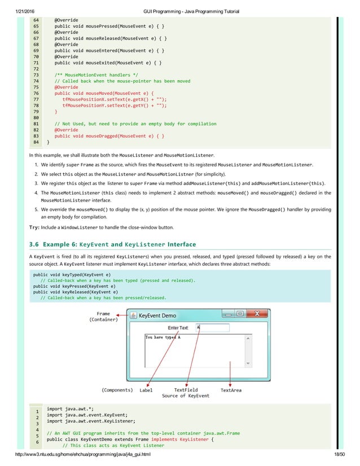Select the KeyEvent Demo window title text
pyautogui.click(x=157, y=315)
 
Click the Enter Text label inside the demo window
pyautogui.click(x=179, y=328)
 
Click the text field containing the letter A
pyautogui.click(x=212, y=328)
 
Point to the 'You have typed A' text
pyautogui.click(x=163, y=337)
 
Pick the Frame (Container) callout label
pyautogui.click(x=103, y=316)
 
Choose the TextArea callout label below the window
pyautogui.click(x=231, y=390)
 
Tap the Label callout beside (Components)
pyautogui.click(x=146, y=390)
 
